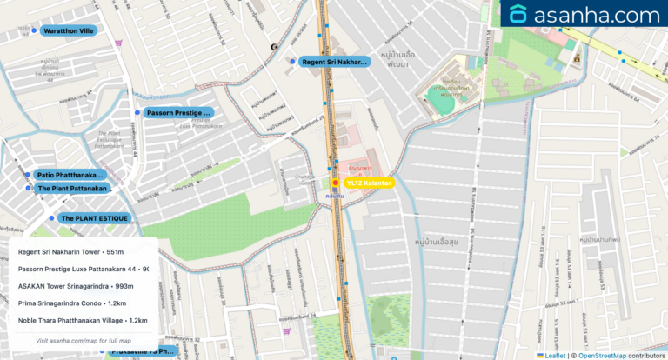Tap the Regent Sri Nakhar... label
coord(334,62)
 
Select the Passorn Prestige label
coord(178,113)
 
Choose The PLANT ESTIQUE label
coord(94,218)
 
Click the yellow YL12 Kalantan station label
coord(369,183)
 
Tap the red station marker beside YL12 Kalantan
coord(335,183)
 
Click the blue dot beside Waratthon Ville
coord(35,30)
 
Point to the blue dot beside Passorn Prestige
coord(137,113)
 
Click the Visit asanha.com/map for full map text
coord(83,340)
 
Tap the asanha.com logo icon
coord(519,15)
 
